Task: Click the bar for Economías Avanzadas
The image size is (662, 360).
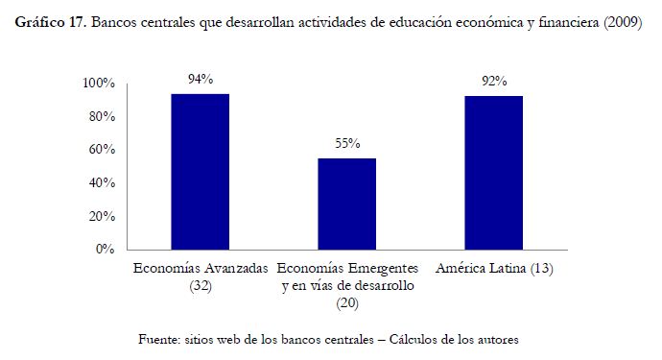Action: (201, 172)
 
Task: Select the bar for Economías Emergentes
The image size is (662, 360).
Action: (347, 204)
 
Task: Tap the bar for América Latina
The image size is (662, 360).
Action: (494, 173)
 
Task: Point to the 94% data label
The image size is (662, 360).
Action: (201, 79)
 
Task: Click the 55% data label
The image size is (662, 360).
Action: (347, 144)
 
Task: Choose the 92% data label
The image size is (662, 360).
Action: (494, 82)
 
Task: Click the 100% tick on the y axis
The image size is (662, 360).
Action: (99, 84)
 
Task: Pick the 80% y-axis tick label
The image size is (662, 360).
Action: (102, 116)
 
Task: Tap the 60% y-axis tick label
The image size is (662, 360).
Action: (102, 150)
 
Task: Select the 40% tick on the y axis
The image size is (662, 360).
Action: (102, 183)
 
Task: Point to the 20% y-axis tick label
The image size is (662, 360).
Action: (102, 216)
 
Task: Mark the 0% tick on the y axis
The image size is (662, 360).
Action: (106, 250)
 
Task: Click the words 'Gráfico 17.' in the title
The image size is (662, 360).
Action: (51, 22)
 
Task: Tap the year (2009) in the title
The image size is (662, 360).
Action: (623, 22)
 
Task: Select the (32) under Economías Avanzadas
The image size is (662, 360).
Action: (201, 286)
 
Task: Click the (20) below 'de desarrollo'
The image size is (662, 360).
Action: (347, 303)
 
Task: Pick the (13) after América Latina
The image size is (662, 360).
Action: (542, 268)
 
